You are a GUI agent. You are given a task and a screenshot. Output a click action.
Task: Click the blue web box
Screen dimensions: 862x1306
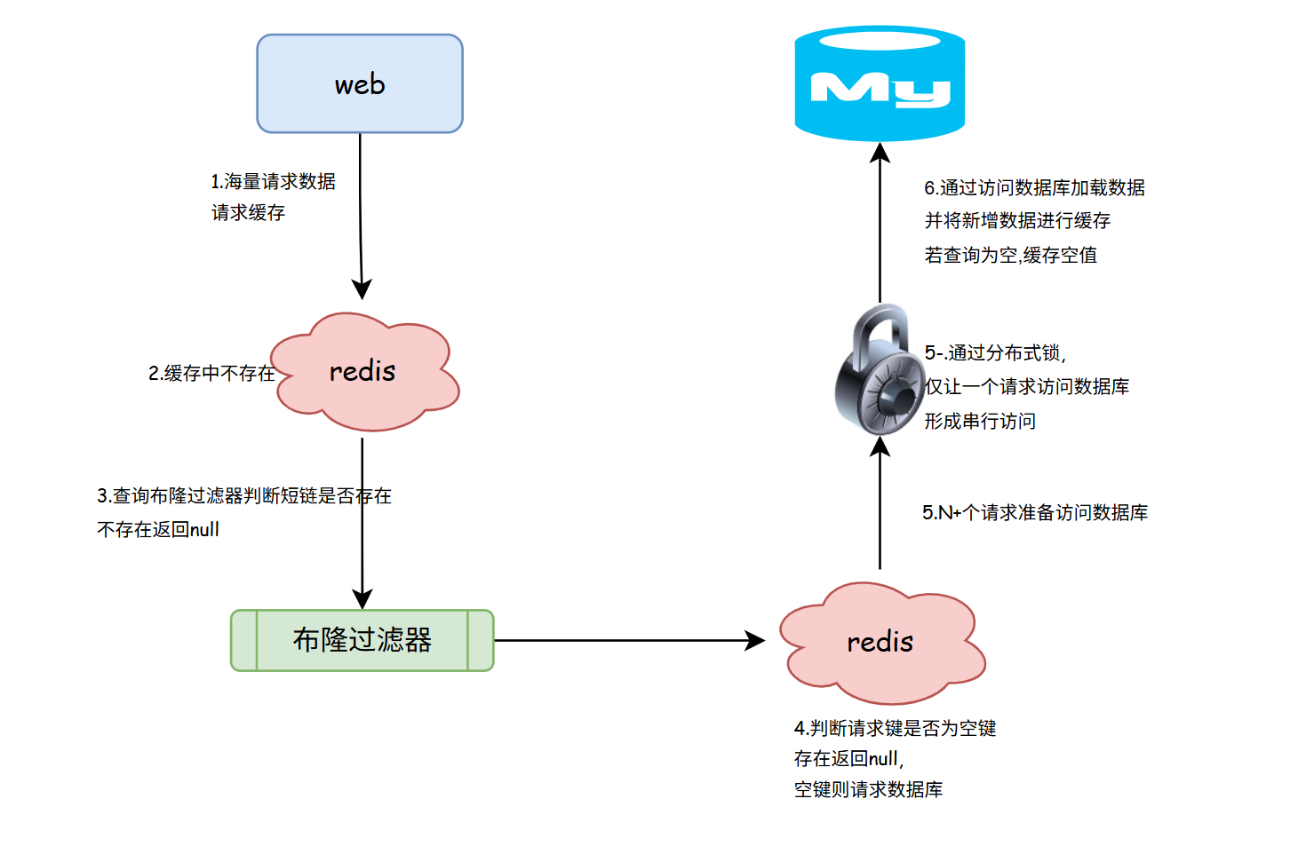[360, 84]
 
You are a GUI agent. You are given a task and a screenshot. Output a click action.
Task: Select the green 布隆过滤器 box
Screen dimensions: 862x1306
[362, 640]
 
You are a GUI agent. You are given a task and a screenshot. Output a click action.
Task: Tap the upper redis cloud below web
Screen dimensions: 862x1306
[363, 372]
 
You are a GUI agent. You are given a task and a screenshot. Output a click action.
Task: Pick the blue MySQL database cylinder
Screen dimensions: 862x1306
[880, 84]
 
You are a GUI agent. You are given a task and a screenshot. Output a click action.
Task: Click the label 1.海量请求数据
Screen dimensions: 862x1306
[273, 182]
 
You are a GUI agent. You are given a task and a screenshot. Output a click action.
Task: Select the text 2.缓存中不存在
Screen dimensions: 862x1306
[211, 374]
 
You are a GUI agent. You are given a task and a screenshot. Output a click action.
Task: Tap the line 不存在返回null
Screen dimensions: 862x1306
[158, 530]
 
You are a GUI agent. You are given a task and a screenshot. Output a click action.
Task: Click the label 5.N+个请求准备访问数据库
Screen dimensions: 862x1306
[1035, 513]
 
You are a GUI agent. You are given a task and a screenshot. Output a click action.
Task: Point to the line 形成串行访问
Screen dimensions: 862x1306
[980, 422]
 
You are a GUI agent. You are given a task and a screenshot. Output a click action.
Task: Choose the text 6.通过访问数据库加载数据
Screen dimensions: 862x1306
[1035, 188]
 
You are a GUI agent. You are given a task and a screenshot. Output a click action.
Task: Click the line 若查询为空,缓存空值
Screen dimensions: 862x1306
[1011, 256]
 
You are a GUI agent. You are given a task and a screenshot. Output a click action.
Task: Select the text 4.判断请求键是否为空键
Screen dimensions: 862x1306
[896, 729]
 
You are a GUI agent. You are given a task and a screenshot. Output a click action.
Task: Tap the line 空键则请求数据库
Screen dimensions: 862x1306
[869, 790]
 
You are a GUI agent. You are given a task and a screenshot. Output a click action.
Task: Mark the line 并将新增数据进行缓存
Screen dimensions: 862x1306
[1018, 221]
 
